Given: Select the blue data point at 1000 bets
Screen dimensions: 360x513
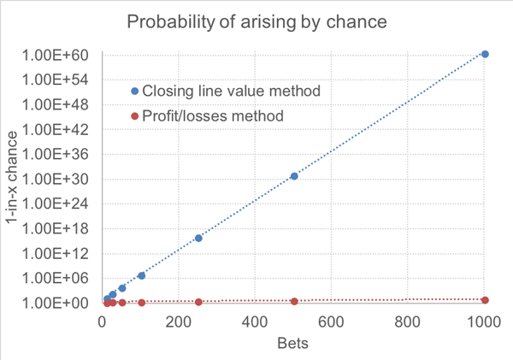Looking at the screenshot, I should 486,54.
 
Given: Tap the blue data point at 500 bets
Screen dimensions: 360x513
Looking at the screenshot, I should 294,176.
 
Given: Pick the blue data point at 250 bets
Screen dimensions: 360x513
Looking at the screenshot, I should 198,238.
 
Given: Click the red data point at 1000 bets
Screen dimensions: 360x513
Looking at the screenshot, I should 486,300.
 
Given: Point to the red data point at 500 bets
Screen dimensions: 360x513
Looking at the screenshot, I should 294,302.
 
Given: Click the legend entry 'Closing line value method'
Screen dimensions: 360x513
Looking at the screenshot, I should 231,91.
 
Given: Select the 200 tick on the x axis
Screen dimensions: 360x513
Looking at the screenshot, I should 179,322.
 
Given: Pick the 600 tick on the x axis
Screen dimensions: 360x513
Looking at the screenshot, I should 333,322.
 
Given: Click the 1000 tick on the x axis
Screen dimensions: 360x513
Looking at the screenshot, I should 485,322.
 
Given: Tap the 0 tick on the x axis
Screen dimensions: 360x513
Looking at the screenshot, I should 103,322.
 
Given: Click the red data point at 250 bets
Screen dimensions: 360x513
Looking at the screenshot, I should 198,302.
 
